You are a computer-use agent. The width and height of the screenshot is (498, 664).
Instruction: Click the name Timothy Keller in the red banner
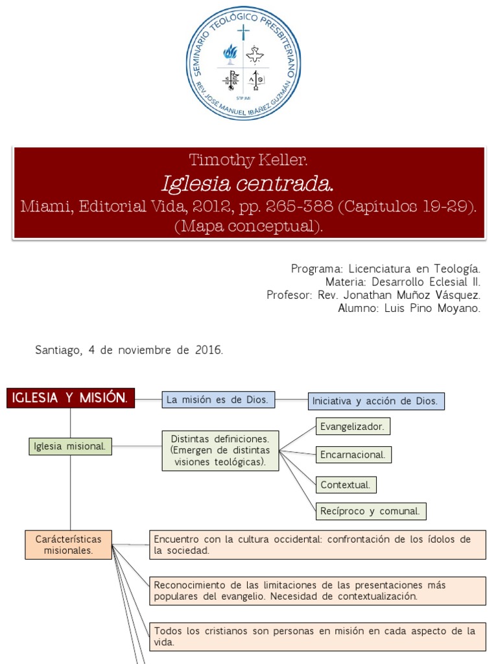point(249,160)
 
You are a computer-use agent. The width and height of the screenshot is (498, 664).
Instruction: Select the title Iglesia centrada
point(249,184)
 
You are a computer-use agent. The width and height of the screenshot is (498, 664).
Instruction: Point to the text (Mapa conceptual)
point(249,226)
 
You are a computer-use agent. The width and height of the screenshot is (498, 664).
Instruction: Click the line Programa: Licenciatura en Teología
point(386,268)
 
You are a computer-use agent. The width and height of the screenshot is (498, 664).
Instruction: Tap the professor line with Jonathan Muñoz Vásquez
point(373,295)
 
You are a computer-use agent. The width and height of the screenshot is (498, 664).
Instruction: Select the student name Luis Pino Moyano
point(409,309)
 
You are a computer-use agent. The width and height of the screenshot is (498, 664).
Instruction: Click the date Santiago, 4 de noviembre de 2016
point(129,350)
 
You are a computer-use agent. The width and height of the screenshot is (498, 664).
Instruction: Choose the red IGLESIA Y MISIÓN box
point(71,397)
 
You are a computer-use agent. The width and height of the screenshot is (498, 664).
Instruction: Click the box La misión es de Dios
point(219,400)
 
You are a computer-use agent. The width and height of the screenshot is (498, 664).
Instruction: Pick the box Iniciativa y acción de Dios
point(376,401)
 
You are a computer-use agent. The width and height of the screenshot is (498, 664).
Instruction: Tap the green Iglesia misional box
point(71,446)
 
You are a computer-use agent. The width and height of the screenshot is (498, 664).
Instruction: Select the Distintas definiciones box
point(220,451)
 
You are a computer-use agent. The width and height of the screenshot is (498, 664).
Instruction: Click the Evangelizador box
point(353,426)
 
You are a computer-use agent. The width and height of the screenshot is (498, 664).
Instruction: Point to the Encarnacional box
point(354,455)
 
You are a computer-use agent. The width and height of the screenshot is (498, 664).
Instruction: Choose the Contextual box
point(346,484)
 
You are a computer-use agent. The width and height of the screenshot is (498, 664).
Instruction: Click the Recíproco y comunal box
point(371,511)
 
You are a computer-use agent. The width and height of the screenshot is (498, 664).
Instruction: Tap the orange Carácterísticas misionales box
point(69,545)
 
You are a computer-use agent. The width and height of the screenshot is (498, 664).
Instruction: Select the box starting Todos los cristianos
point(318,637)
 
